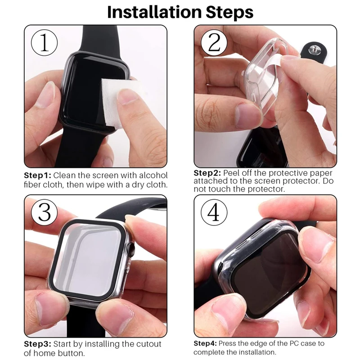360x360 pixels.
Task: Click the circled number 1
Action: pos(44,44)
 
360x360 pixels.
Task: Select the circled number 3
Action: pos(44,211)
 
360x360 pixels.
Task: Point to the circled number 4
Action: pos(214,211)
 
